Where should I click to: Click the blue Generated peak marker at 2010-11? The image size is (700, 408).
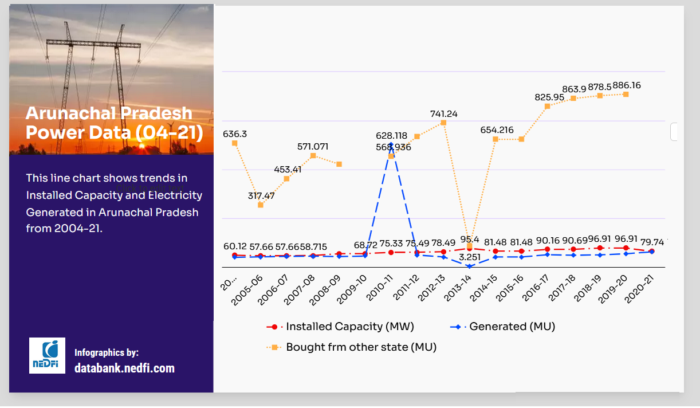pos(391,144)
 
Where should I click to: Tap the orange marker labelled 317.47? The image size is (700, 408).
pos(261,205)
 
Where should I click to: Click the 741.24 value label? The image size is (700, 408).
pos(443,114)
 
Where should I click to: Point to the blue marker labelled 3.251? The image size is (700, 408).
pos(470,266)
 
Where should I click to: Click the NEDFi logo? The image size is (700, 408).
pos(47,356)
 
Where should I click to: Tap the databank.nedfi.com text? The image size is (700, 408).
pos(124,368)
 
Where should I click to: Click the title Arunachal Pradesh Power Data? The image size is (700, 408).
pos(114,123)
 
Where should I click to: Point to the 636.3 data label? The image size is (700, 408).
pos(235,134)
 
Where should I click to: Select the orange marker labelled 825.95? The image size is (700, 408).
pos(548,106)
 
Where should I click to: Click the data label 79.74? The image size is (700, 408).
pos(652,242)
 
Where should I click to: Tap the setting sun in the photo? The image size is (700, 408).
pos(141,147)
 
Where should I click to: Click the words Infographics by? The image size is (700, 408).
pos(107,352)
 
